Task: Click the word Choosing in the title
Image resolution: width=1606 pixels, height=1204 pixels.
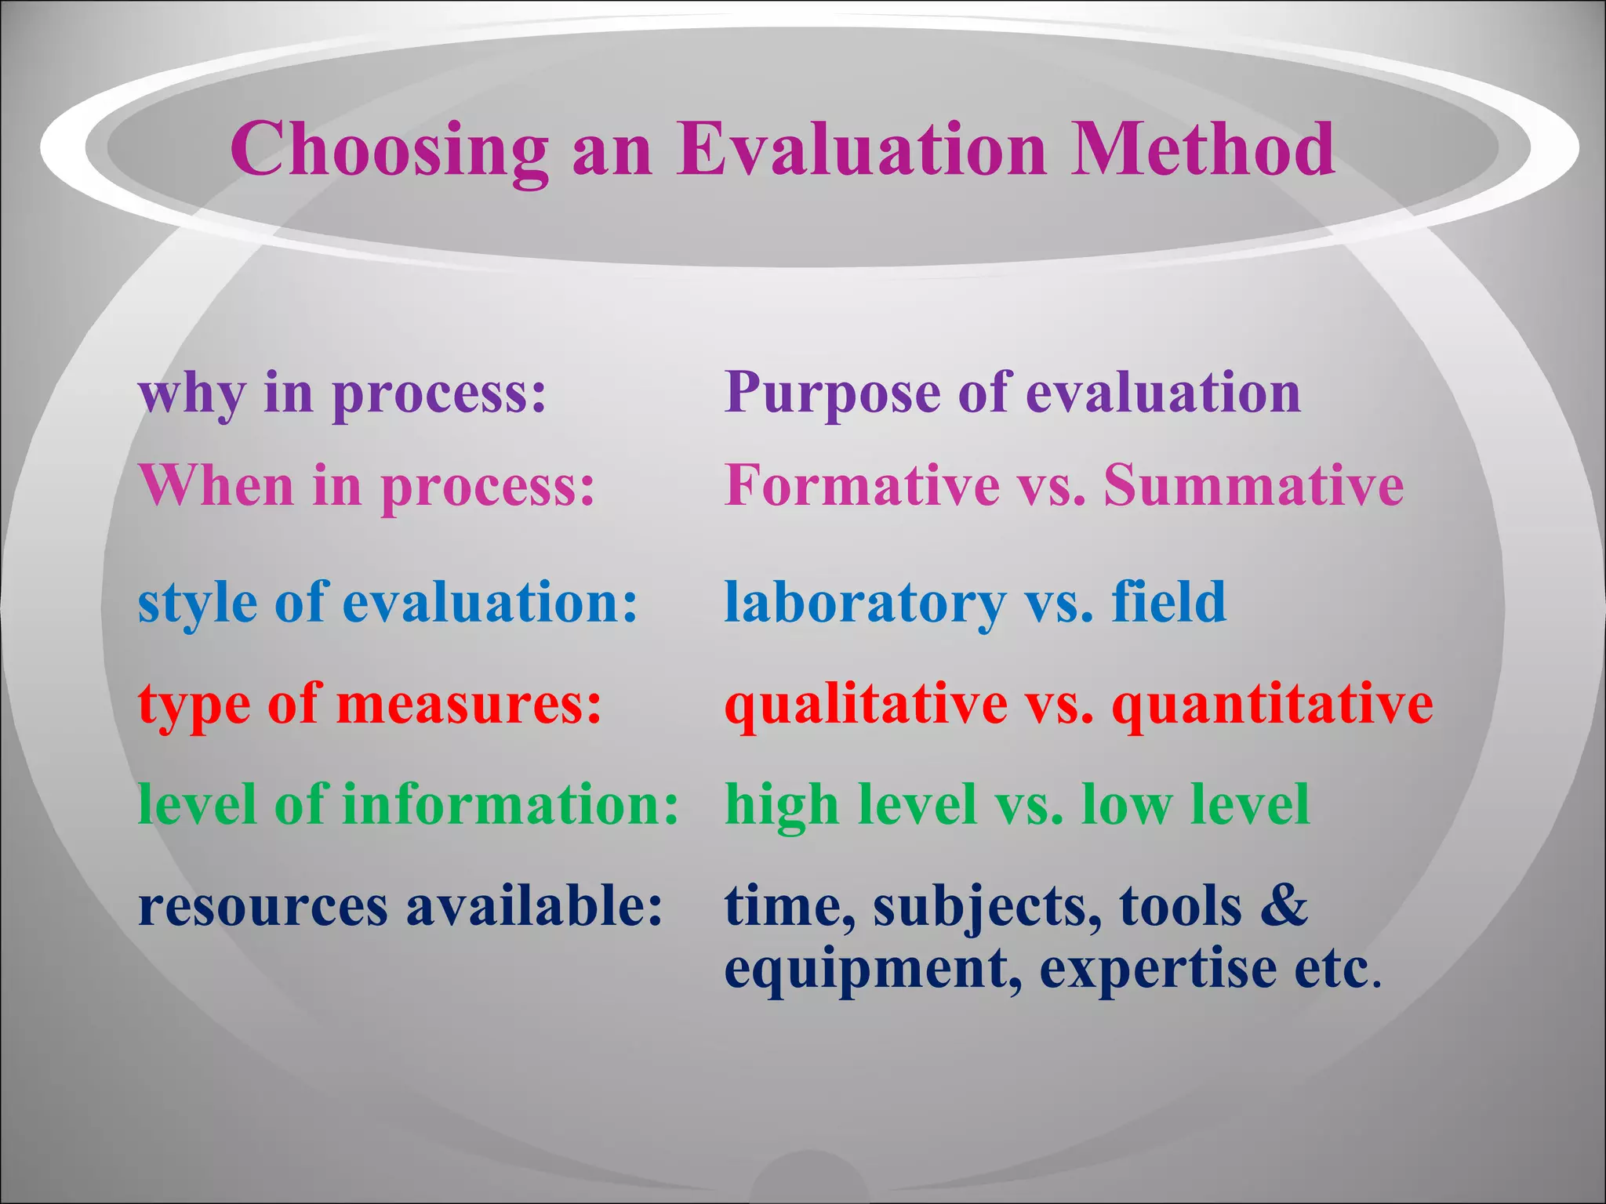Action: pyautogui.click(x=389, y=150)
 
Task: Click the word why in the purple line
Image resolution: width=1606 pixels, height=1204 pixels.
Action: pyautogui.click(x=191, y=393)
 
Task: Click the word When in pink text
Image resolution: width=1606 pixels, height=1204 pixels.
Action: pyautogui.click(x=216, y=486)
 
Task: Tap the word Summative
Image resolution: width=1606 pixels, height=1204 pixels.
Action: pyautogui.click(x=1253, y=486)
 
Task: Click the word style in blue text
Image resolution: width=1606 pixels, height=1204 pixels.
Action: pyautogui.click(x=197, y=604)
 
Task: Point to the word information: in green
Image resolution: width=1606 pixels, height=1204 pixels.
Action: pyautogui.click(x=511, y=805)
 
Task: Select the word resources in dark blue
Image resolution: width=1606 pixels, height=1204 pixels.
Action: pyautogui.click(x=263, y=908)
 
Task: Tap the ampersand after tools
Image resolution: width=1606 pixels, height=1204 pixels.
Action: pyautogui.click(x=1284, y=906)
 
